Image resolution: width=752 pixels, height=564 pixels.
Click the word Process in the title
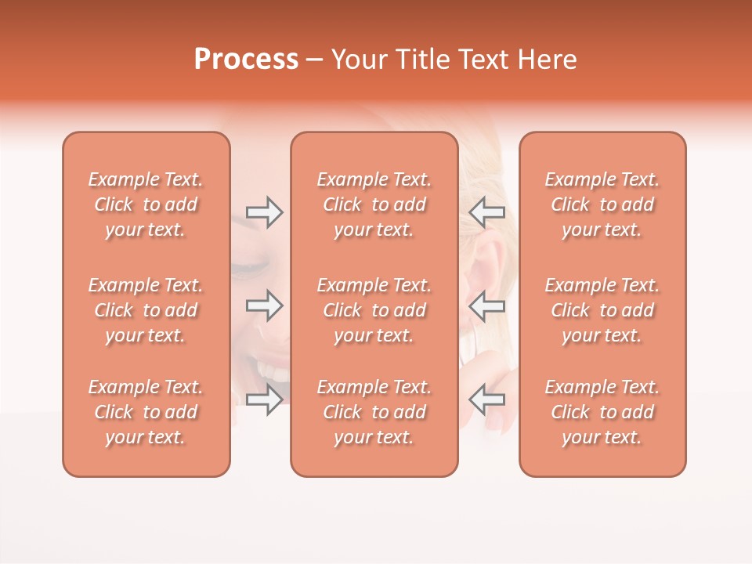(246, 60)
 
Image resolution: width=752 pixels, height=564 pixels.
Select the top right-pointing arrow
(265, 212)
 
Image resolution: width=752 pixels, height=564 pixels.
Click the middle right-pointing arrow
(265, 305)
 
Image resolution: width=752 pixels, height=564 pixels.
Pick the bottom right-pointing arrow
(265, 400)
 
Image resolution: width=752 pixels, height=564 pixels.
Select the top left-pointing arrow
(486, 212)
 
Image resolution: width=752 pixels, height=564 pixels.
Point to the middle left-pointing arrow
(486, 305)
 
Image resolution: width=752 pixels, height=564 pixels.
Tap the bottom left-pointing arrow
(486, 400)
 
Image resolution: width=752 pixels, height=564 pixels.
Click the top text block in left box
(146, 204)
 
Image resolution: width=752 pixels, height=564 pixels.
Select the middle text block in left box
(146, 310)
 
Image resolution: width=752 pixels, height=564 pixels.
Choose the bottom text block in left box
(146, 412)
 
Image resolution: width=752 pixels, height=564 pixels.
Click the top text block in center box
(374, 204)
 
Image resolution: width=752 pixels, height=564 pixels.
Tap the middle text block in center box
(374, 310)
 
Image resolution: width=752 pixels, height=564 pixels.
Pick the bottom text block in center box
(374, 412)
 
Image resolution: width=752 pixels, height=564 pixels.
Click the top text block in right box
(602, 204)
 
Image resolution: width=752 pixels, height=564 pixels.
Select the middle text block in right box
(602, 310)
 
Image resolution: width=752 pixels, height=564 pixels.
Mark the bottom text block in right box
(602, 412)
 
